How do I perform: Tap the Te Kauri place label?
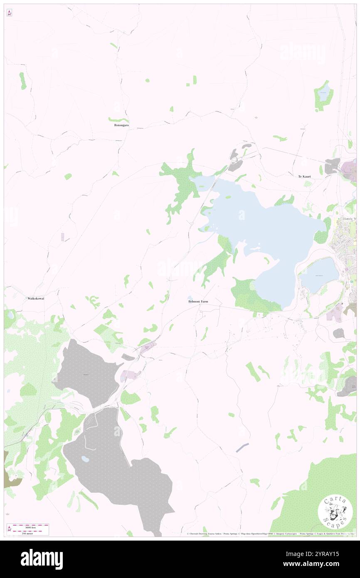click(304, 177)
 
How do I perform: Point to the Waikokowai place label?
click(36, 298)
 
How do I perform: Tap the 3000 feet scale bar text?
click(27, 527)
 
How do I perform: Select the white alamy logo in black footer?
click(42, 559)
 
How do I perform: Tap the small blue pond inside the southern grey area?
click(85, 459)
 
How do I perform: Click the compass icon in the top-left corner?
click(10, 13)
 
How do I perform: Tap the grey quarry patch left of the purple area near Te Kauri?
click(332, 166)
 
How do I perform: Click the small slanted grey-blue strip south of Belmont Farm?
click(242, 447)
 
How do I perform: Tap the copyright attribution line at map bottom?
click(270, 534)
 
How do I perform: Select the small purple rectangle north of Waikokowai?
click(63, 237)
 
